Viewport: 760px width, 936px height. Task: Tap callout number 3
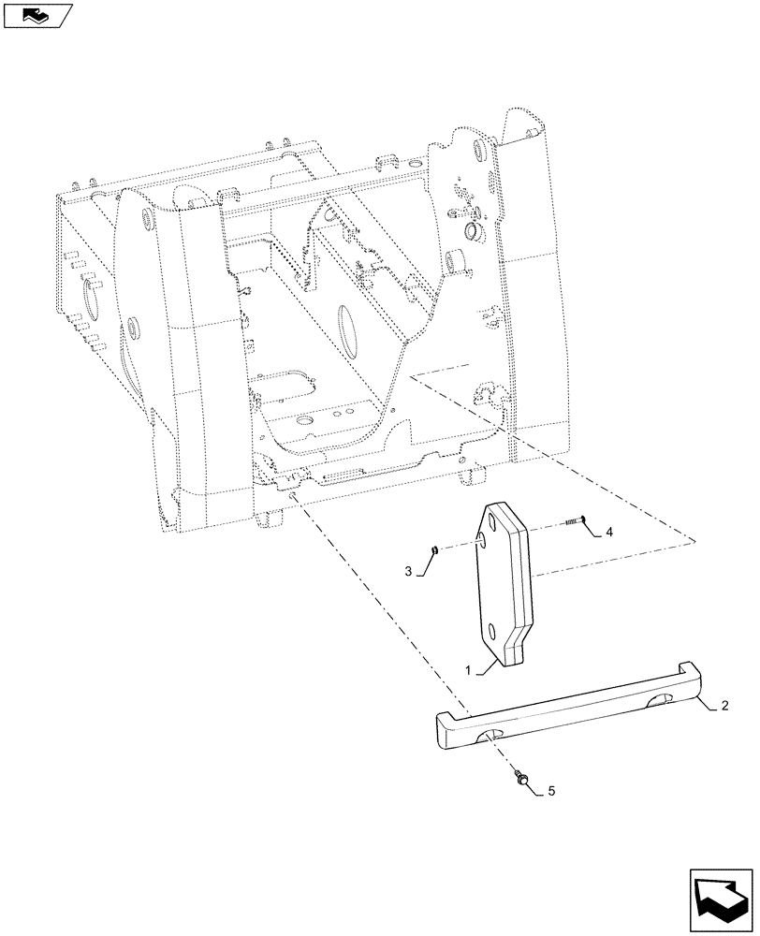(407, 572)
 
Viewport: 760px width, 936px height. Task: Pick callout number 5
(551, 792)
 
